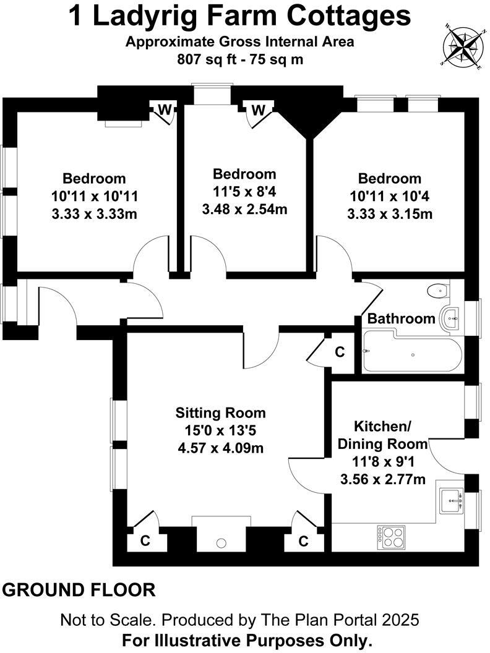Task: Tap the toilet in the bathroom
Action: click(438, 289)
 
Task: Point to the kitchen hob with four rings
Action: click(391, 536)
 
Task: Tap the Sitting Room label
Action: click(220, 412)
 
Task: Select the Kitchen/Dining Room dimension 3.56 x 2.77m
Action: click(382, 479)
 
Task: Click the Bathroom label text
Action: click(402, 318)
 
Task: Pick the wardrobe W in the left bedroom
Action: click(165, 110)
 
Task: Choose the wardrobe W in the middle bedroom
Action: click(259, 110)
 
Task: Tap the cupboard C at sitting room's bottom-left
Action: click(145, 540)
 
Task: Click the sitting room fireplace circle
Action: click(221, 544)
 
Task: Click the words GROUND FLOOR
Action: click(79, 589)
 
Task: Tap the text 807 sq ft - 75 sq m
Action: click(239, 59)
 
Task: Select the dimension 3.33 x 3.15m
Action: click(390, 214)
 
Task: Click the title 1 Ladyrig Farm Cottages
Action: click(239, 16)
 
